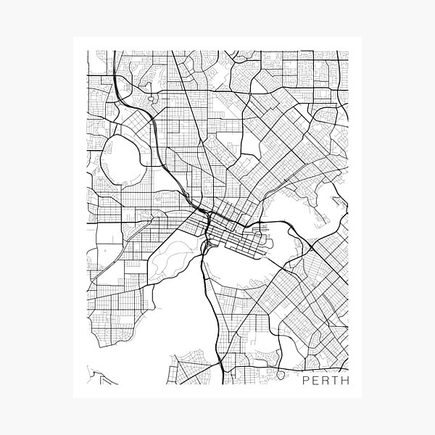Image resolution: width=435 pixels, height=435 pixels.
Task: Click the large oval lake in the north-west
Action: tap(119, 157)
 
